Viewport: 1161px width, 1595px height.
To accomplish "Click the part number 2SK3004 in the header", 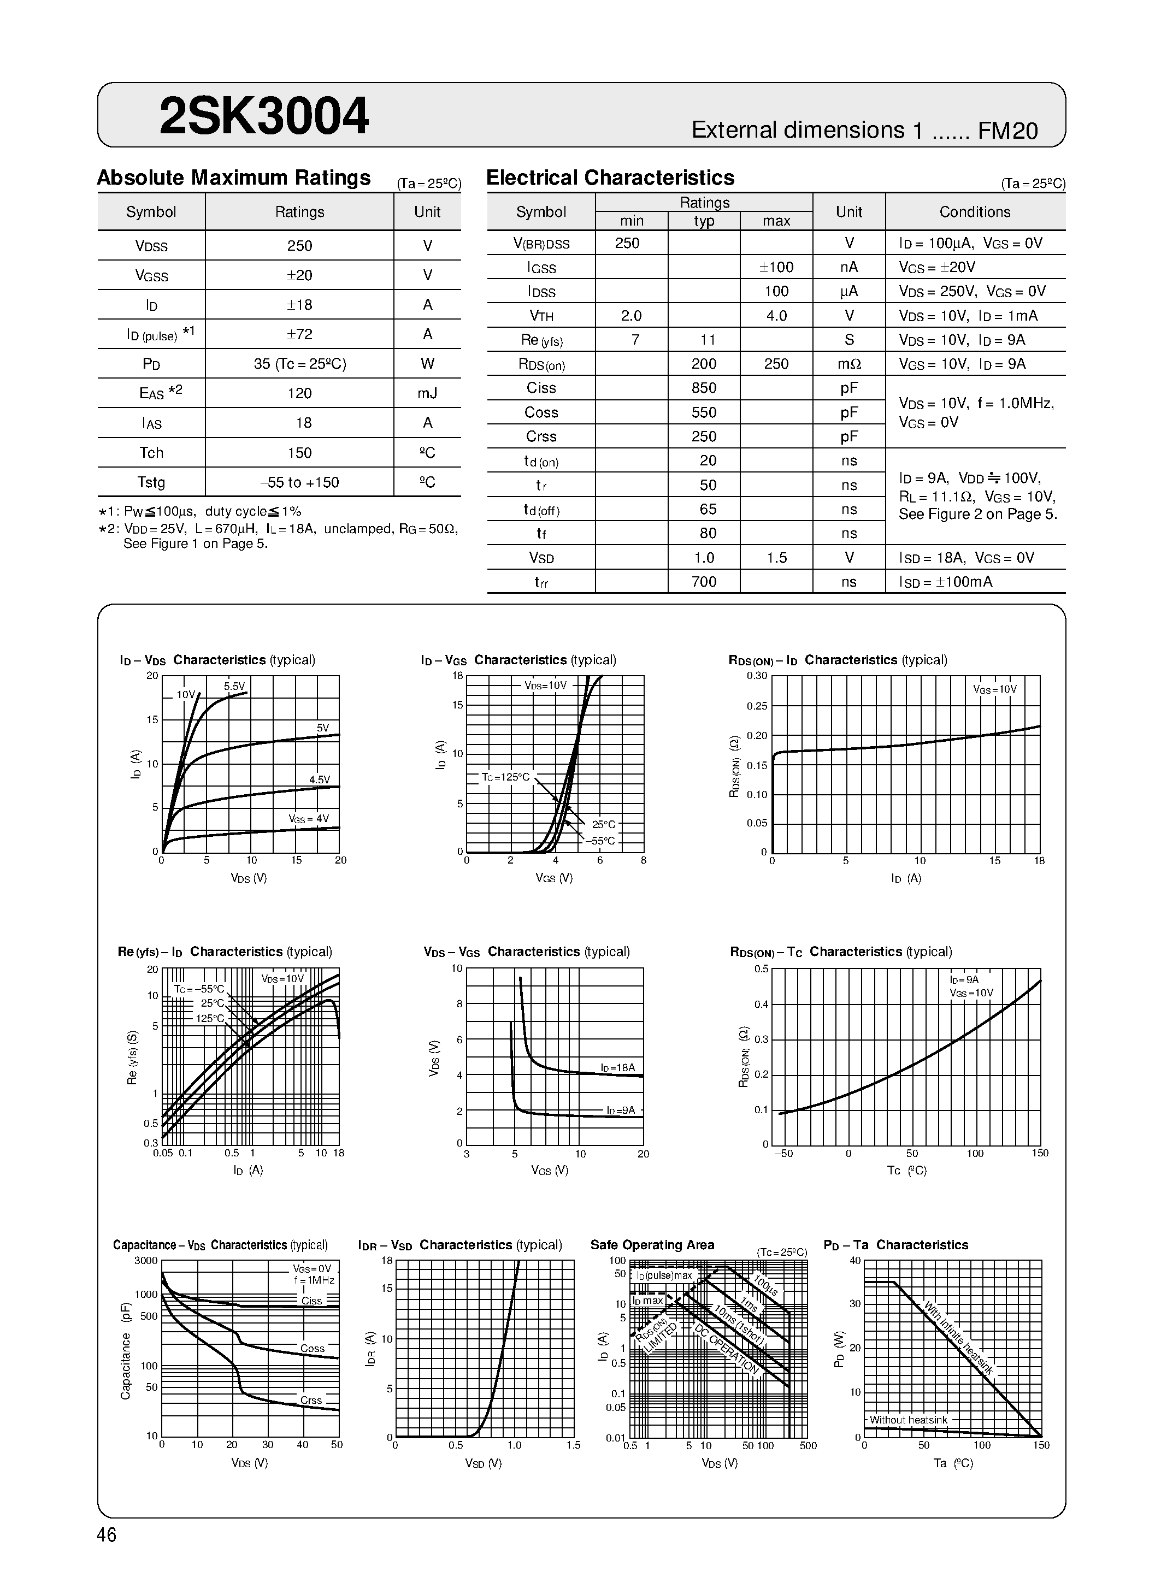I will pyautogui.click(x=264, y=116).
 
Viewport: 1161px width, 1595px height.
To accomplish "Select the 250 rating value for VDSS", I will pyautogui.click(x=299, y=245).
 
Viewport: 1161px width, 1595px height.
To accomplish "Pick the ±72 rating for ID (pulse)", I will pyautogui.click(x=299, y=334).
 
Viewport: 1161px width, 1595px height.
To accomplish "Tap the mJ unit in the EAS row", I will pyautogui.click(x=427, y=393).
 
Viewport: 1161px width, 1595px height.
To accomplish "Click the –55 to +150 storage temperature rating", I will pyautogui.click(x=299, y=482).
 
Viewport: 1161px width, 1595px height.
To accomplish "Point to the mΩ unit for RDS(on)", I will pyautogui.click(x=849, y=364).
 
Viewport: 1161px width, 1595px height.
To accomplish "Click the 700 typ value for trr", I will pyautogui.click(x=703, y=582).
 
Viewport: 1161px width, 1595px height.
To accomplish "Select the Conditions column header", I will pyautogui.click(x=975, y=212).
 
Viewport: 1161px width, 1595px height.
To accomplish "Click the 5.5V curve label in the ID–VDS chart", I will pyautogui.click(x=234, y=687).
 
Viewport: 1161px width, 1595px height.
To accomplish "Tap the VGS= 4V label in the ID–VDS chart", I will pyautogui.click(x=309, y=819).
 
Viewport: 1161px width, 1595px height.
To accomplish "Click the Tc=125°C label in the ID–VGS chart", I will pyautogui.click(x=505, y=777).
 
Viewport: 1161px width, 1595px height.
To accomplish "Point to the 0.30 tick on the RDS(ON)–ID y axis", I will pyautogui.click(x=757, y=676).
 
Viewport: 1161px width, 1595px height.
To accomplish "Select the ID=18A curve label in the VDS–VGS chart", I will pyautogui.click(x=617, y=1067).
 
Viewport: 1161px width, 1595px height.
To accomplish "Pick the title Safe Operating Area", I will pyautogui.click(x=652, y=1245).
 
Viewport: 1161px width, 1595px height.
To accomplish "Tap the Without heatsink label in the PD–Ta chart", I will pyautogui.click(x=908, y=1420).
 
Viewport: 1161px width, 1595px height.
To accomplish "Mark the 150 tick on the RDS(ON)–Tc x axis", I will pyautogui.click(x=1039, y=1153).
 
